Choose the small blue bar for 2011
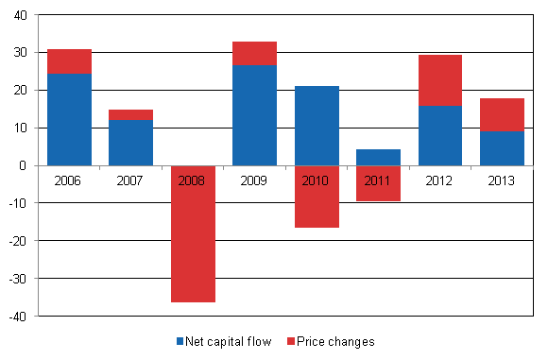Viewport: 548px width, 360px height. click(378, 157)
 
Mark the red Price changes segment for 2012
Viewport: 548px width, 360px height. click(439, 80)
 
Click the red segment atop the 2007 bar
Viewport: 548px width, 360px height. click(130, 115)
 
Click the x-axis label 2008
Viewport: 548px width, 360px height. click(193, 180)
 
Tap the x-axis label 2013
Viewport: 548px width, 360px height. click(502, 180)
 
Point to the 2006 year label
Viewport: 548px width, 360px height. click(69, 180)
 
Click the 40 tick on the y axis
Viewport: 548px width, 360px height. click(20, 15)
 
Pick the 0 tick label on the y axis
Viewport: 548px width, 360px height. click(24, 165)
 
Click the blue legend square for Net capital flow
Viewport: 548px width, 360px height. click(180, 341)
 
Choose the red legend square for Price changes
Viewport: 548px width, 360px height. click(290, 341)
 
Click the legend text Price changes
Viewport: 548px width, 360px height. click(335, 341)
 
